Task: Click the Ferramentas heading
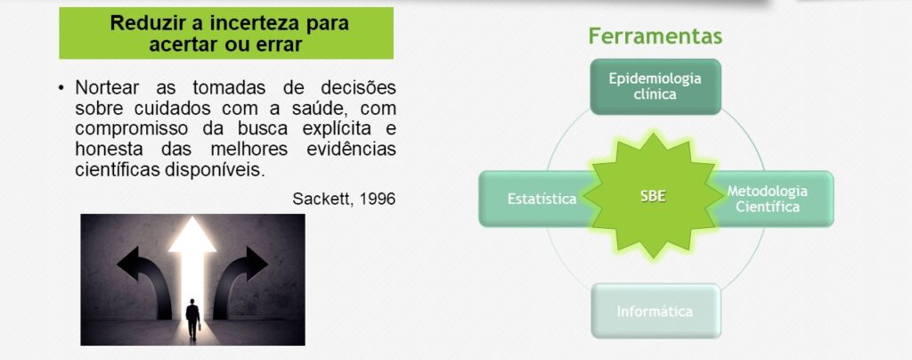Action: (x=655, y=36)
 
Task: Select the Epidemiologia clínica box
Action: (x=655, y=86)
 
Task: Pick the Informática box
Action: (x=655, y=311)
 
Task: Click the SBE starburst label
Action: (x=653, y=197)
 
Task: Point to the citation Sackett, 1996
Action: (x=344, y=199)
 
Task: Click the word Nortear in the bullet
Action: (x=107, y=88)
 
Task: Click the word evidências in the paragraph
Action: (x=351, y=149)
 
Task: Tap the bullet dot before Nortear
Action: (x=61, y=88)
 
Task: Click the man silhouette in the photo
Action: (x=192, y=319)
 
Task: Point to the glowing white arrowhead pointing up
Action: (x=192, y=234)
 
